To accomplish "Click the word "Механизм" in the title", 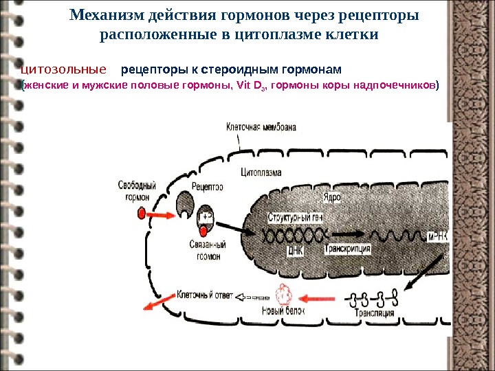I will coord(110,14).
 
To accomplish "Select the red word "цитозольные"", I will coord(64,69).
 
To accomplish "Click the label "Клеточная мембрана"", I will coord(263,127).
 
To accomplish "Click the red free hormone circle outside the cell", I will coord(143,214).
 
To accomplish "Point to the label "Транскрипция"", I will coord(348,249).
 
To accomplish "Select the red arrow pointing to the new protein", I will coord(324,299).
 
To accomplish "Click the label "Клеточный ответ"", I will coord(205,293).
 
